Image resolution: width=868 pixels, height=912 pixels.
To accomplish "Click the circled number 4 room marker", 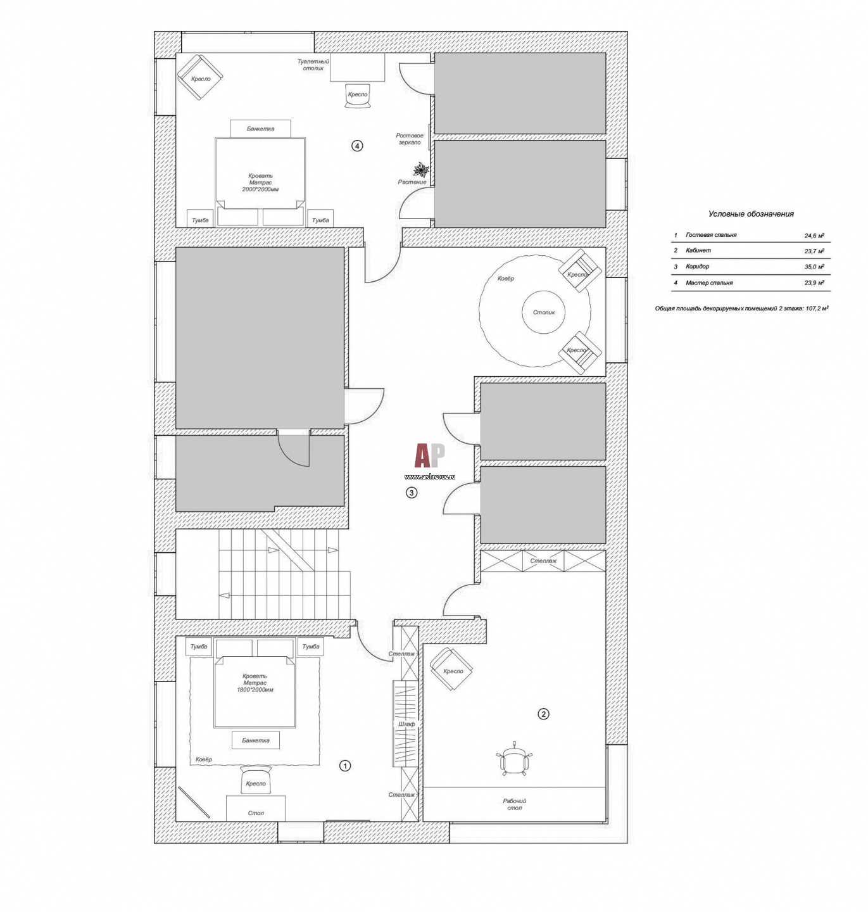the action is pos(356,146).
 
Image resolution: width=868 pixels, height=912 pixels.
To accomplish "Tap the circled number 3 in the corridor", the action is pos(411,492).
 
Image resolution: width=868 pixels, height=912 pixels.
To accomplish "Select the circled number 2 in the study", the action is pos(543,714).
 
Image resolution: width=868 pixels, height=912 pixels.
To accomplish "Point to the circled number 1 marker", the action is pos(344,766).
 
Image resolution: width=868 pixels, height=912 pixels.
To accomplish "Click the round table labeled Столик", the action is pos(544,312).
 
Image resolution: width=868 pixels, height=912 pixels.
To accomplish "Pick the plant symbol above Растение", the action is pos(421,170).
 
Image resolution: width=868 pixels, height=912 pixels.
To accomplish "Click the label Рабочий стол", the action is pos(514,804).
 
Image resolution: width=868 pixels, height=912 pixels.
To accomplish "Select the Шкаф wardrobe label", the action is pos(406,724).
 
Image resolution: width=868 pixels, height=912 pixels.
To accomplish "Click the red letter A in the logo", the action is pos(422,455).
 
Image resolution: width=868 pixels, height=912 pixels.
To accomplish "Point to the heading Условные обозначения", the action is pos(750,214).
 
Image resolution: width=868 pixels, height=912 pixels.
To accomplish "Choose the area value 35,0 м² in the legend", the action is pos(814,267).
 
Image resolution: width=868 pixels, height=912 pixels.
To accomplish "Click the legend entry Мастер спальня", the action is pos(709,282).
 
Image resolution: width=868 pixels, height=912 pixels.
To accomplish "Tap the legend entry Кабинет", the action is pos(698,251).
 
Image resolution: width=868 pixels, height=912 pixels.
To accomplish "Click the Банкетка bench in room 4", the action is pos(260,129).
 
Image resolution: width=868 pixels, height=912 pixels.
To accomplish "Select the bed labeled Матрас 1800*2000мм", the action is pos(255,691).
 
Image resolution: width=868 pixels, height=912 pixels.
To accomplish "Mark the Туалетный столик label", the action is pos(313,65).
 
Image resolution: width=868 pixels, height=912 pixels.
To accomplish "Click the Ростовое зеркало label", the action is pos(409,139).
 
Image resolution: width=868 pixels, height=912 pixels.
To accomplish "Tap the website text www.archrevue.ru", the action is pos(430,476).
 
